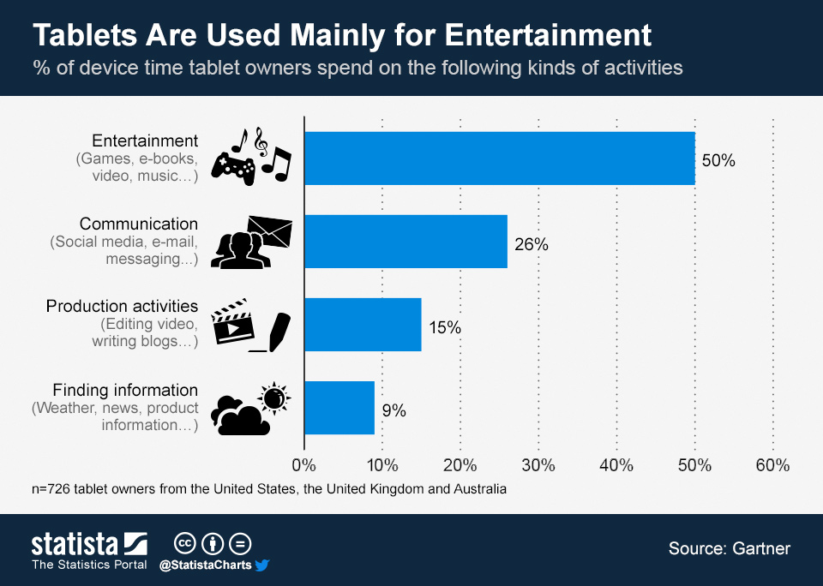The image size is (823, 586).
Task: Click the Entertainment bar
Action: coord(499,158)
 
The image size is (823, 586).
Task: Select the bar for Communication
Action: coord(405,242)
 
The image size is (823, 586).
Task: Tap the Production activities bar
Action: coord(363,325)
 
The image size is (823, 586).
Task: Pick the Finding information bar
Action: coord(339,408)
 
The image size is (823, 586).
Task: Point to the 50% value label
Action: coord(718,160)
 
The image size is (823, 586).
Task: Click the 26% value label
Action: coord(532,244)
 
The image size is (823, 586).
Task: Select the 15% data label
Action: coord(445,327)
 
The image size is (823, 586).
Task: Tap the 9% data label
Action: coord(394,410)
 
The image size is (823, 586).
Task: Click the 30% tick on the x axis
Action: coord(538,466)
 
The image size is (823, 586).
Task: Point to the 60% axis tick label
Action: coord(772,466)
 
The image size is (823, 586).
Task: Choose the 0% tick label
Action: coord(304,466)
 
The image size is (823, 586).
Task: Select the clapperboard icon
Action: coord(232,321)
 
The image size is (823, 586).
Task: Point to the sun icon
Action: coord(274,398)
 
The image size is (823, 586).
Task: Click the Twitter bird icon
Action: coord(262,565)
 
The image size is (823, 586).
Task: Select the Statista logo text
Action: coord(75,544)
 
